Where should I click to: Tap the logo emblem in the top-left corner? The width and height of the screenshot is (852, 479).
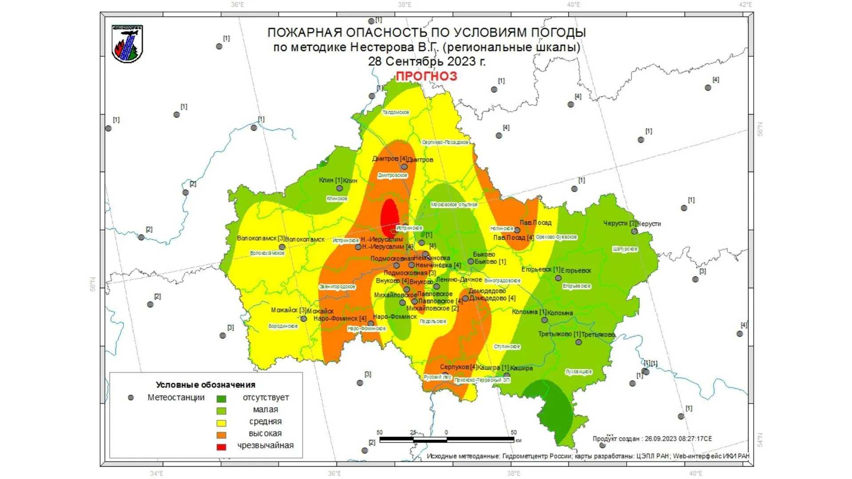point(127,43)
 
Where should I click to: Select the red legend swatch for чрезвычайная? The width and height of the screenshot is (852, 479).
point(221,447)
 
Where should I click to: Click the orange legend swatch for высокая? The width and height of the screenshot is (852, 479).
point(221,435)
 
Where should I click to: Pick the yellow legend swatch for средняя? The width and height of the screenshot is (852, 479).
point(221,423)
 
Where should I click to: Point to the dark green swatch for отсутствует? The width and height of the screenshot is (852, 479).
point(221,399)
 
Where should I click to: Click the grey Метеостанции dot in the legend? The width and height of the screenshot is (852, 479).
point(130,398)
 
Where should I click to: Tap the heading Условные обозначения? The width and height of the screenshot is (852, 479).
point(205,385)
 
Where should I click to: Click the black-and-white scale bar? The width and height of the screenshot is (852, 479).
point(446,440)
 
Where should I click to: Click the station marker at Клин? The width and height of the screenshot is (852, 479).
point(339,188)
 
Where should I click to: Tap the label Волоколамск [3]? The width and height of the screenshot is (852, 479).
point(260,238)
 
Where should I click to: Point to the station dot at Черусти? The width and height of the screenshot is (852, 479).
point(634,231)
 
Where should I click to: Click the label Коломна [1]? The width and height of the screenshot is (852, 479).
point(529,312)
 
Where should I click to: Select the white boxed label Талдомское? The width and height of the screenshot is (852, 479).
point(395,113)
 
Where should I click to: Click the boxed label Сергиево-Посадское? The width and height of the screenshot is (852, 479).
point(445,142)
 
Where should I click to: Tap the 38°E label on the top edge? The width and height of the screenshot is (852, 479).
point(404,5)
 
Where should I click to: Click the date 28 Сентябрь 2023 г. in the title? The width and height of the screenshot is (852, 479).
point(426,61)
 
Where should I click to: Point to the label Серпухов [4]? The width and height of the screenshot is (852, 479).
point(458,367)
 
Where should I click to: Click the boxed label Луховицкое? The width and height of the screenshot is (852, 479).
point(579,372)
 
